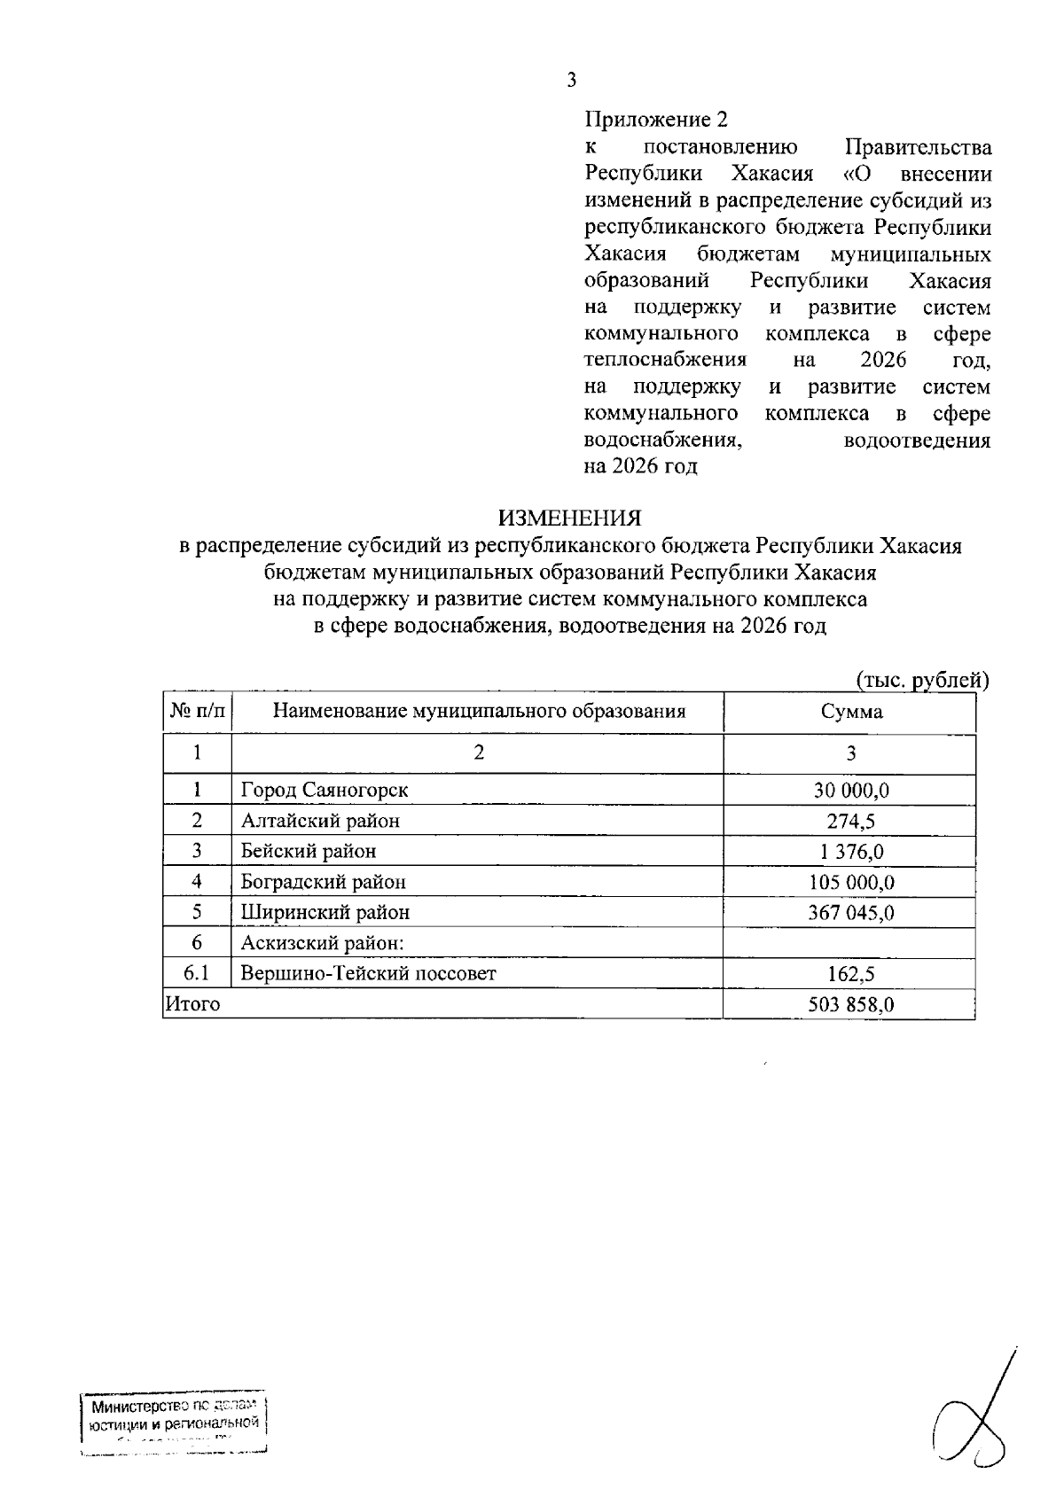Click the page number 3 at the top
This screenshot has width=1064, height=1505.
pyautogui.click(x=571, y=81)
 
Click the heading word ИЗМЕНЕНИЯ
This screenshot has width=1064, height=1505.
pyautogui.click(x=569, y=518)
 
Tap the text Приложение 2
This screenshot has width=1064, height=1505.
pyautogui.click(x=656, y=120)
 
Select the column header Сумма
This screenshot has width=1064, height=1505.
pyautogui.click(x=850, y=712)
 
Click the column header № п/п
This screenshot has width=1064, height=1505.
pyautogui.click(x=197, y=712)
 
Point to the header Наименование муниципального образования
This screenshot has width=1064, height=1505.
pyautogui.click(x=479, y=712)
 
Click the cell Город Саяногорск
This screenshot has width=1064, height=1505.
pyautogui.click(x=325, y=790)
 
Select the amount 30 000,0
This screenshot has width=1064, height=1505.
pyautogui.click(x=850, y=790)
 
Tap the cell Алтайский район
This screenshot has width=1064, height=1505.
pyautogui.click(x=320, y=821)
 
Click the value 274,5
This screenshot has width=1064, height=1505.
pyautogui.click(x=850, y=821)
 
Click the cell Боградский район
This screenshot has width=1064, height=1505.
pyautogui.click(x=324, y=882)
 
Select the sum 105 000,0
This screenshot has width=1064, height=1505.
pyautogui.click(x=850, y=882)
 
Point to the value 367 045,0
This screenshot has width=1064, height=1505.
pyautogui.click(x=850, y=912)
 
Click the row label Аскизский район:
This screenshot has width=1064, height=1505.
pyautogui.click(x=323, y=943)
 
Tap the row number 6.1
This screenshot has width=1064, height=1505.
pyautogui.click(x=197, y=973)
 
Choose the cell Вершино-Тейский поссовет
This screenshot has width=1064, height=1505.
pyautogui.click(x=369, y=973)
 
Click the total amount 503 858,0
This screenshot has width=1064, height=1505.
pyautogui.click(x=850, y=1004)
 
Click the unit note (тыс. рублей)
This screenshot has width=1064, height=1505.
pyautogui.click(x=921, y=680)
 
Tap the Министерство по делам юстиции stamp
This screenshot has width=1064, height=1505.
pyautogui.click(x=174, y=1426)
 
